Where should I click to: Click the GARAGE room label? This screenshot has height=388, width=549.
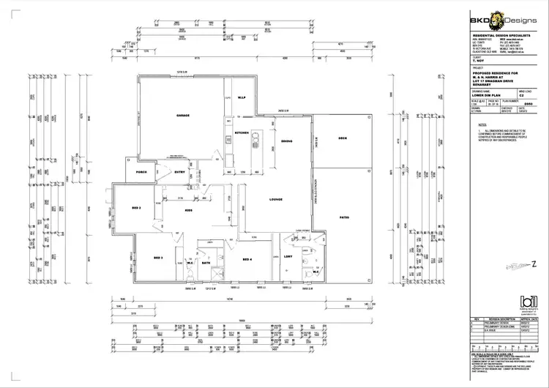[184, 116]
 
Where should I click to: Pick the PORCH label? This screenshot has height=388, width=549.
[143, 173]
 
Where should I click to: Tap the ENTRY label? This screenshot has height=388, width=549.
[179, 173]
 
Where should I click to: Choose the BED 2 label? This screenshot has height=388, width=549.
[135, 208]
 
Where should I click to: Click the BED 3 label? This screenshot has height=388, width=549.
[157, 258]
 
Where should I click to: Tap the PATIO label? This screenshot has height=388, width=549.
[343, 217]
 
